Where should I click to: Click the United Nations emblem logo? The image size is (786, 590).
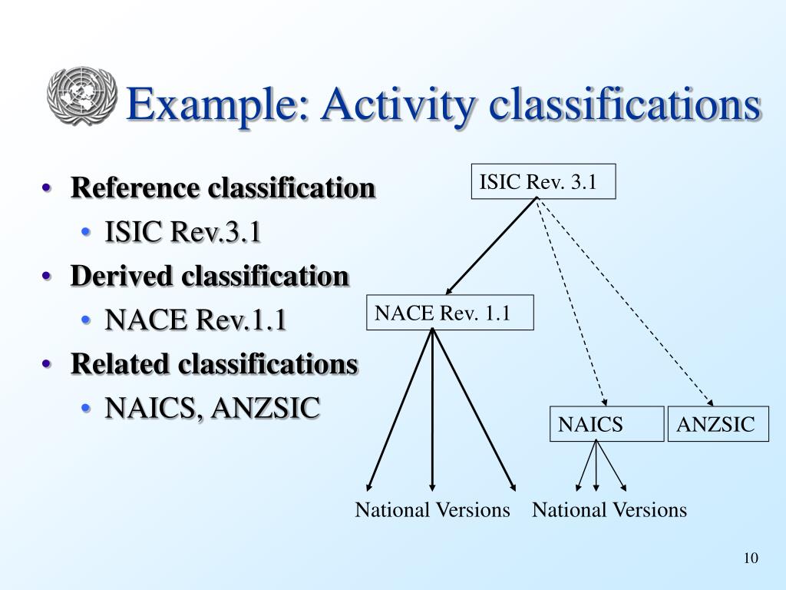[x=81, y=96]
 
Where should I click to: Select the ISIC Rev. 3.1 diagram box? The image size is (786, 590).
[x=543, y=182]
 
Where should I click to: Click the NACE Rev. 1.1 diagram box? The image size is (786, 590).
[x=450, y=313]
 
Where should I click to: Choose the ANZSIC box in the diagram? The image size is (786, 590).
[x=717, y=424]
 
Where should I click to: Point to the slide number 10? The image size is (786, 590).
[x=750, y=558]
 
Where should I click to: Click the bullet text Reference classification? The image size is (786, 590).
[x=223, y=187]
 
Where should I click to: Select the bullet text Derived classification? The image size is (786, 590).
[x=210, y=276]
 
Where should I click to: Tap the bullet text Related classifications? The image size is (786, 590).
[x=214, y=364]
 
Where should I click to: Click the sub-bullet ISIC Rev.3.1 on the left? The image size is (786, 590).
[x=183, y=231]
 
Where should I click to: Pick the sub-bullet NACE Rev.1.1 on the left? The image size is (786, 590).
[x=196, y=320]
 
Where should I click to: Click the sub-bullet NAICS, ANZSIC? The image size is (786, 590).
[x=212, y=408]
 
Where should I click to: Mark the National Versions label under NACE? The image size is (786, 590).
[x=432, y=510]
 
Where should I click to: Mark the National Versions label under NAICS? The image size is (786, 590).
[x=609, y=510]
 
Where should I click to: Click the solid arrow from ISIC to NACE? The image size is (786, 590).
[x=491, y=245]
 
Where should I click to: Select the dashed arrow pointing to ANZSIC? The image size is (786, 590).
[x=626, y=300]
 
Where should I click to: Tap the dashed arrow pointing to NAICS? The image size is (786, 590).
[x=572, y=300]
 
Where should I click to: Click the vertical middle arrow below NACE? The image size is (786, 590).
[x=433, y=407]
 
